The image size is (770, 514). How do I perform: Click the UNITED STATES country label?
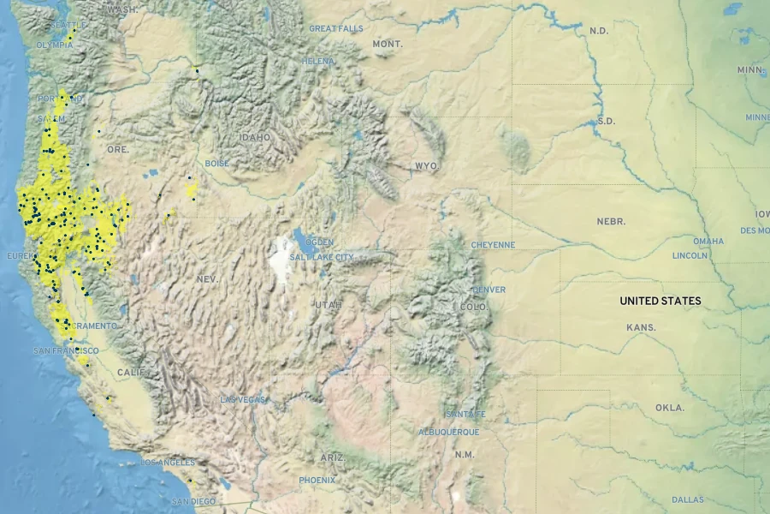coord(660,301)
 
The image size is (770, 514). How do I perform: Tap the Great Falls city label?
coord(335,28)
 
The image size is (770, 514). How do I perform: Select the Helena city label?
coord(318,62)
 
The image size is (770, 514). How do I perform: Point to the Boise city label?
coord(217,164)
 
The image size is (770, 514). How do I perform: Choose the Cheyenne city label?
coord(493,245)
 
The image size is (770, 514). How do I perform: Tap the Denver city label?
coord(489,290)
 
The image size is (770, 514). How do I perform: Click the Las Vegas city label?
coord(243,400)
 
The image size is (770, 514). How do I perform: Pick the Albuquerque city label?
coord(448,432)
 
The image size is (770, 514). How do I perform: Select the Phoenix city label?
coord(317,481)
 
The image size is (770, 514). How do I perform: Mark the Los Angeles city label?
coord(168,463)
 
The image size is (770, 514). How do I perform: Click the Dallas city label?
coord(688,499)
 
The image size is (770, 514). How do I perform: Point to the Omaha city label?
coord(708,242)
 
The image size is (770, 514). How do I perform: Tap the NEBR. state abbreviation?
coord(611,221)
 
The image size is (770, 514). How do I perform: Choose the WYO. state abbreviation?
coord(426,165)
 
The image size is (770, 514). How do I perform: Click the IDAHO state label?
coord(255,137)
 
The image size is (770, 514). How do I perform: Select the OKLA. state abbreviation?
coord(670,408)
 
